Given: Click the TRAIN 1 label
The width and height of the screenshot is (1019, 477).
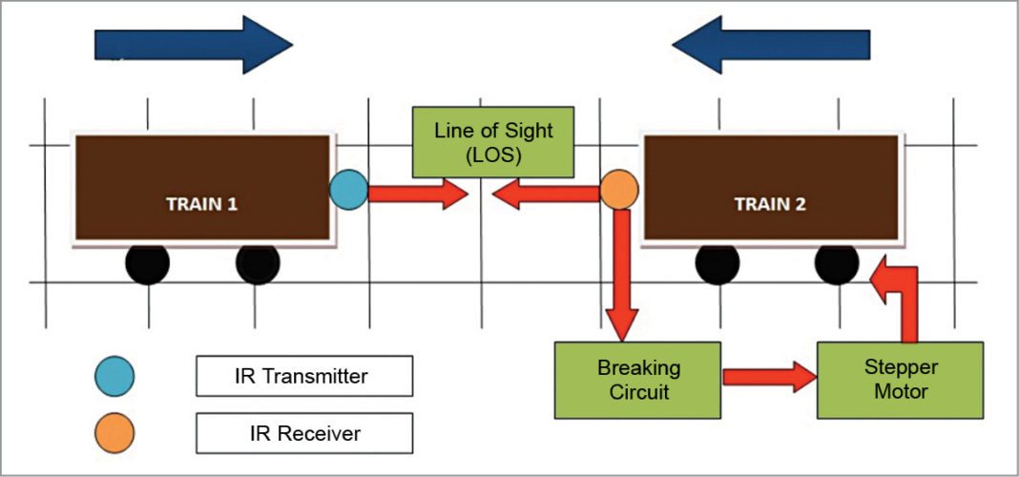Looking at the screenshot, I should click(201, 203).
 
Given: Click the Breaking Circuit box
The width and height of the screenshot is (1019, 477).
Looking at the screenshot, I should click(638, 379).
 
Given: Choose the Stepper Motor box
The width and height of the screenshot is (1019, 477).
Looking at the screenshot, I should click(901, 379).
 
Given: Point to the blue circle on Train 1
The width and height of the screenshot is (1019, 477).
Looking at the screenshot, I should click(348, 190).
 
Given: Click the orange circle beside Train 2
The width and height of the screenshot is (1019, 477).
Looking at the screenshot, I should click(618, 190).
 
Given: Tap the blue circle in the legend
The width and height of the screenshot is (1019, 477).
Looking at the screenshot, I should click(115, 376).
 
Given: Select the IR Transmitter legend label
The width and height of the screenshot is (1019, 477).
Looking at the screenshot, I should click(303, 376).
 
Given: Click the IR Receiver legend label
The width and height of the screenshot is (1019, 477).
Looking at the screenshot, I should click(303, 432).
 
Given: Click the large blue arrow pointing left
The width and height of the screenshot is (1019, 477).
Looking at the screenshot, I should click(771, 44).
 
